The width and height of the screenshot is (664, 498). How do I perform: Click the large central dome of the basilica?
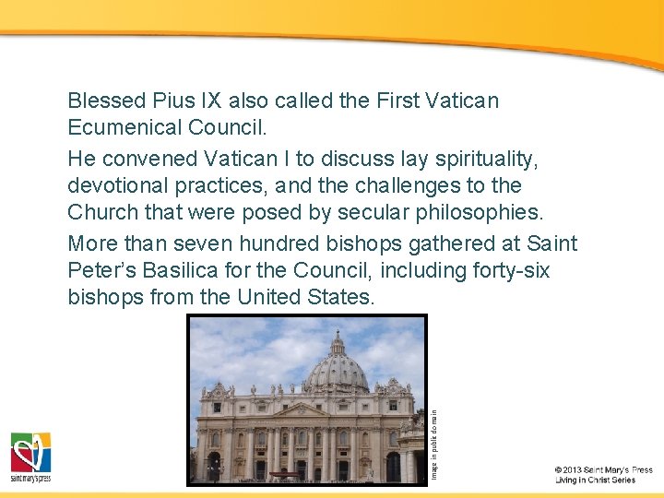pos(336,364)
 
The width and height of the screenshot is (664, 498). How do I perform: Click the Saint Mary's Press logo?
pos(30,456)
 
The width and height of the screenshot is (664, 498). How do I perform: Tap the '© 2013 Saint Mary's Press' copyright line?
pos(604,470)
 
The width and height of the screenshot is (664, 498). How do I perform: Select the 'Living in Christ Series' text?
pos(595,480)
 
